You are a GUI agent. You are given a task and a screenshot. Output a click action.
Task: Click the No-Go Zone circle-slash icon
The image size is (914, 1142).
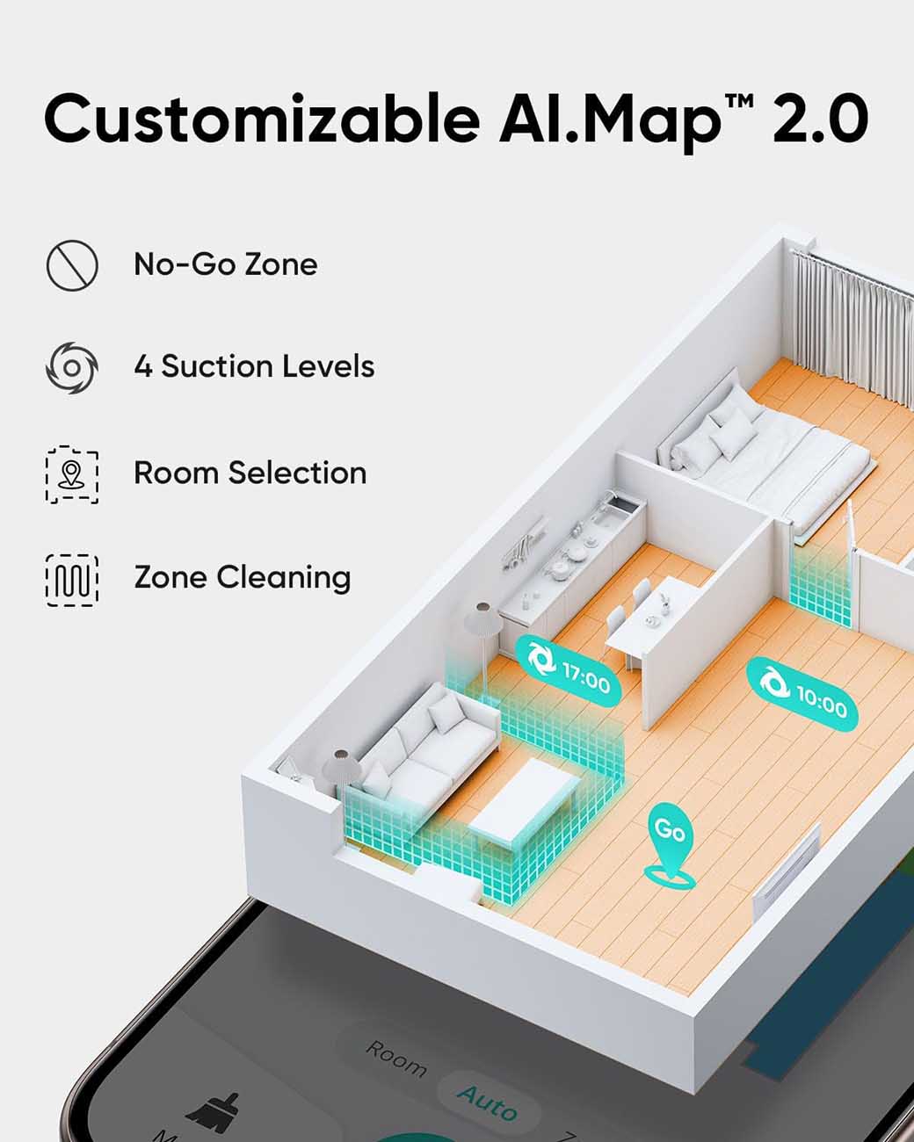[x=72, y=265]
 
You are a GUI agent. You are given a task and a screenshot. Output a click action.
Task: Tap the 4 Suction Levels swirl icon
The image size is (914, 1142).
[x=72, y=367]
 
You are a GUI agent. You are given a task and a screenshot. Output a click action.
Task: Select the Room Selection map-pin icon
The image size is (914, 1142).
[x=72, y=474]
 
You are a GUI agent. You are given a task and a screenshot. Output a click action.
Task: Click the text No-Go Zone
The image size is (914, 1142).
[x=226, y=264]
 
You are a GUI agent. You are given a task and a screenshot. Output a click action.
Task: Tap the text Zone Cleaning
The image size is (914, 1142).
[x=243, y=577]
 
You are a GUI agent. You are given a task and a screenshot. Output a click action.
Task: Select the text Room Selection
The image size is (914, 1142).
[x=250, y=473]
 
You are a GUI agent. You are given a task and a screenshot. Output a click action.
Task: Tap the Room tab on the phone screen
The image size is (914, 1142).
[x=396, y=1059]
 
